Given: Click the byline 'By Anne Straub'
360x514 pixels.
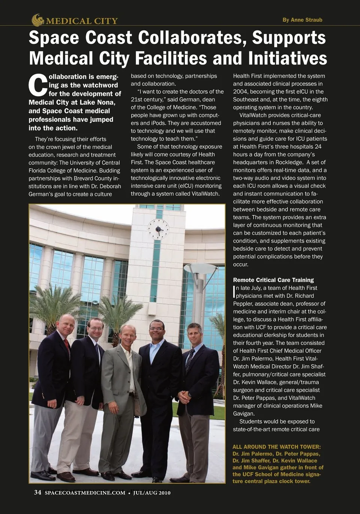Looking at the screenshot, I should point(302,20).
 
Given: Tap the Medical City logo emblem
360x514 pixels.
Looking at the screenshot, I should point(37,20).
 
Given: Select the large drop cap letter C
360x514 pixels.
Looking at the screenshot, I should point(38,85).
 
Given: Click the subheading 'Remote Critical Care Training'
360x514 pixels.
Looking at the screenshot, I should point(273,280).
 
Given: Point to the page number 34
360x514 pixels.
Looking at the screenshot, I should point(37,492).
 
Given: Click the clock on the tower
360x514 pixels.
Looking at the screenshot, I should point(158,229).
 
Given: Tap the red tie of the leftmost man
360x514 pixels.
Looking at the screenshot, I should point(67,347).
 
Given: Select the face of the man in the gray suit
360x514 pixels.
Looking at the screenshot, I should point(128,335).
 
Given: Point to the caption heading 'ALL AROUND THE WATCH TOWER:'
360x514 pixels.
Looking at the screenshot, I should point(277,447).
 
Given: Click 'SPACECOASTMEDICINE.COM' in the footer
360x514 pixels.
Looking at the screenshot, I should point(85,493).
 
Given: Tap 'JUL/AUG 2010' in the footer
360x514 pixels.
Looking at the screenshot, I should point(151,493).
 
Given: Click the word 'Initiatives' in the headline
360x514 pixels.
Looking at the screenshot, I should point(287,58).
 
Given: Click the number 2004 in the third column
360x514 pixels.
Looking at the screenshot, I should point(240,91).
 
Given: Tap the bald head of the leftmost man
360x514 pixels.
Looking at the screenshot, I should point(67,319).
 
